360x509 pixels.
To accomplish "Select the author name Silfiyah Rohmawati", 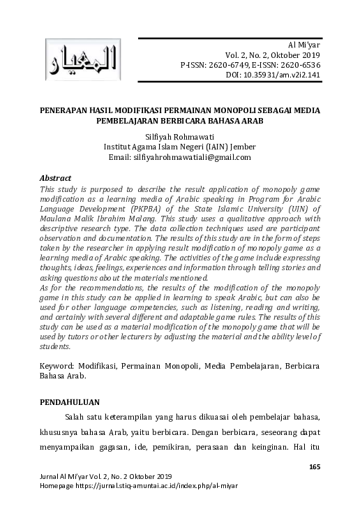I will pyautogui.click(x=179, y=137).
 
